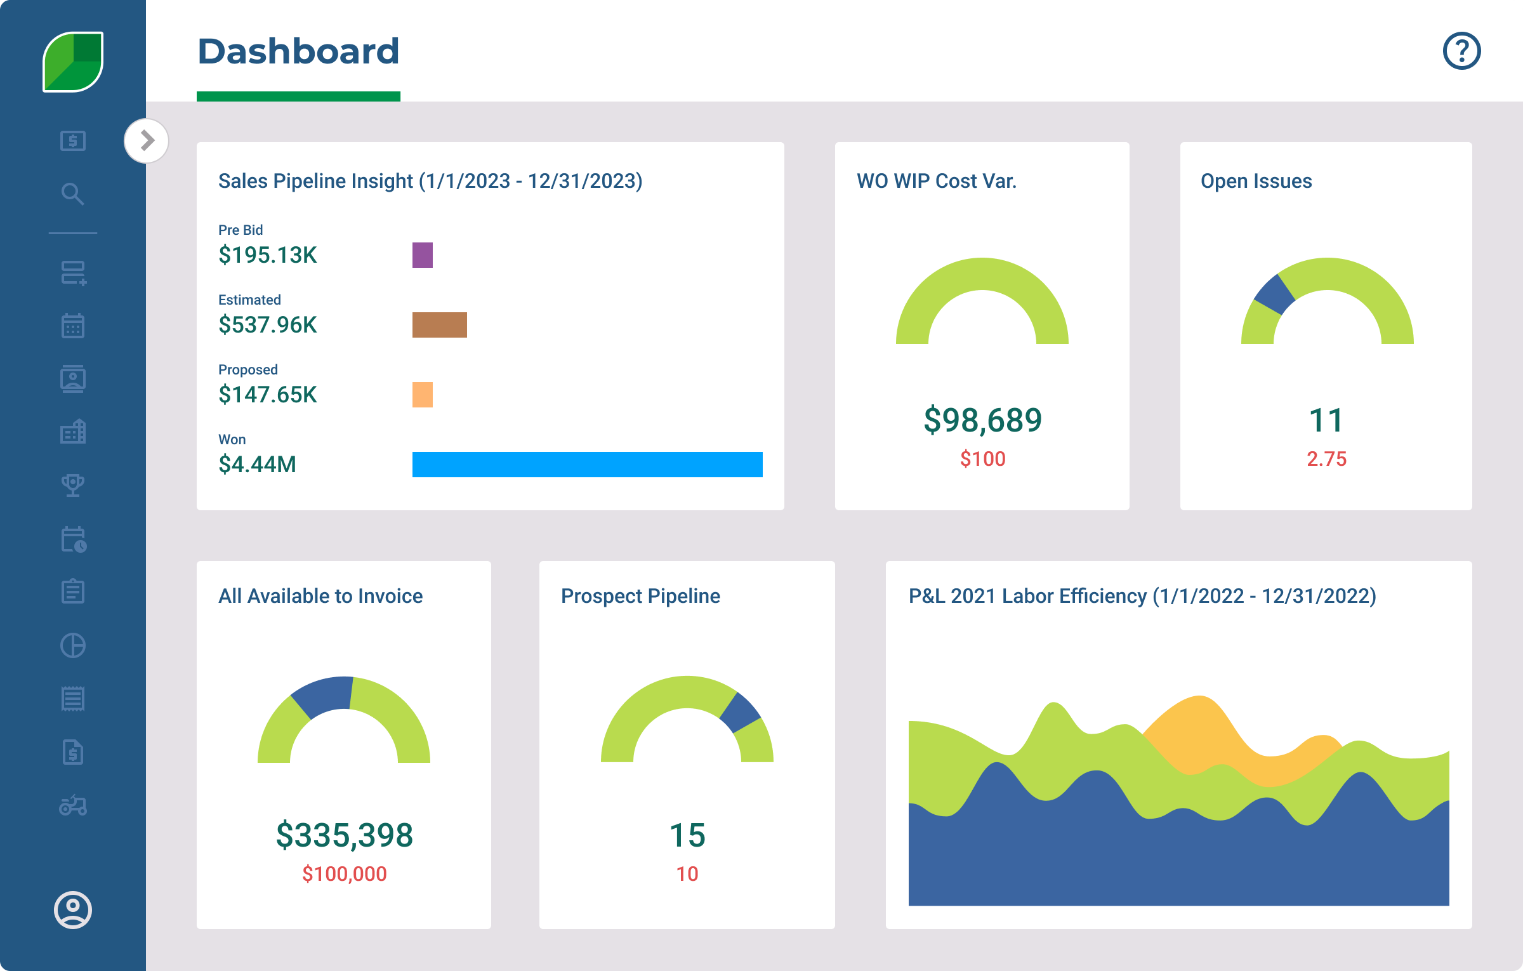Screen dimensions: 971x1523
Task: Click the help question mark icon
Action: pyautogui.click(x=1461, y=51)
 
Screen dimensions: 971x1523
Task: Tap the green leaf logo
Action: pyautogui.click(x=73, y=62)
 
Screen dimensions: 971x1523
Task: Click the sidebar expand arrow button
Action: pyautogui.click(x=147, y=140)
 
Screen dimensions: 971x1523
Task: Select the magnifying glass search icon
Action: pyautogui.click(x=73, y=194)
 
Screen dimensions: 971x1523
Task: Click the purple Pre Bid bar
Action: pyautogui.click(x=422, y=255)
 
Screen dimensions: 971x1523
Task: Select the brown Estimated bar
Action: pyautogui.click(x=439, y=325)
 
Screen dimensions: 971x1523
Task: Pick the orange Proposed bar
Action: pyautogui.click(x=422, y=395)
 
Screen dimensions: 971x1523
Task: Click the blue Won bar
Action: pyautogui.click(x=587, y=465)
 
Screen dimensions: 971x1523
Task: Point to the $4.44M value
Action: pyautogui.click(x=257, y=465)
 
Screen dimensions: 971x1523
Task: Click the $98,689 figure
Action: pyautogui.click(x=982, y=420)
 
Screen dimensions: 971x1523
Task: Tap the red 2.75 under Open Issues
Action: pyautogui.click(x=1326, y=459)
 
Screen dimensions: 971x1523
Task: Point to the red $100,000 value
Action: pyautogui.click(x=344, y=874)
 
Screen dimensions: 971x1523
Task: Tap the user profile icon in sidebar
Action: pyautogui.click(x=73, y=910)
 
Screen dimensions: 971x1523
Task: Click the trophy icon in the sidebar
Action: pyautogui.click(x=73, y=485)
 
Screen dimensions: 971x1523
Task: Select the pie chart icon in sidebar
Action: pyautogui.click(x=73, y=645)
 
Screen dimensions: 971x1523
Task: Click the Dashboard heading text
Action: pyautogui.click(x=298, y=51)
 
